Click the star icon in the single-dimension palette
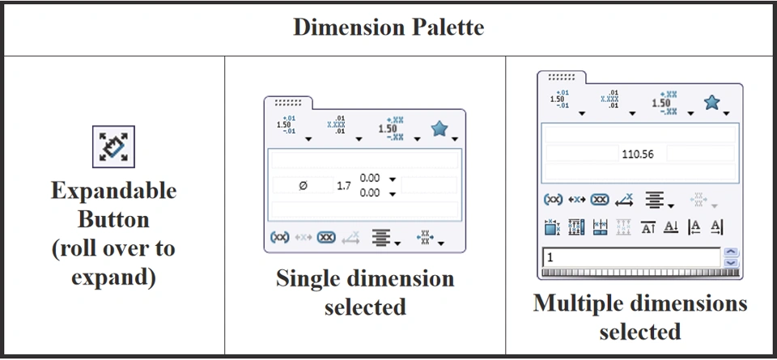pos(439,128)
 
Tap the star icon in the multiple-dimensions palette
pos(712,102)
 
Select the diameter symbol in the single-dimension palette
pos(303,185)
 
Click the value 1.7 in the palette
pos(344,185)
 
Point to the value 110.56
pos(638,154)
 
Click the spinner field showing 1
pos(631,257)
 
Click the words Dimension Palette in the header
pos(388,28)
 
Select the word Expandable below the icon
pos(113,192)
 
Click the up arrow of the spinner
pos(732,252)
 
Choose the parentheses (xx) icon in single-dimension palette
pos(279,238)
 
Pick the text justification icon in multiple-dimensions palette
pos(654,199)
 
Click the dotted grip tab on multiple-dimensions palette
pos(561,77)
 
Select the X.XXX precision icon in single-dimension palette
pos(336,126)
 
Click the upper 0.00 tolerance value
pos(370,178)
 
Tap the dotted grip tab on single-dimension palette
pos(287,104)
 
